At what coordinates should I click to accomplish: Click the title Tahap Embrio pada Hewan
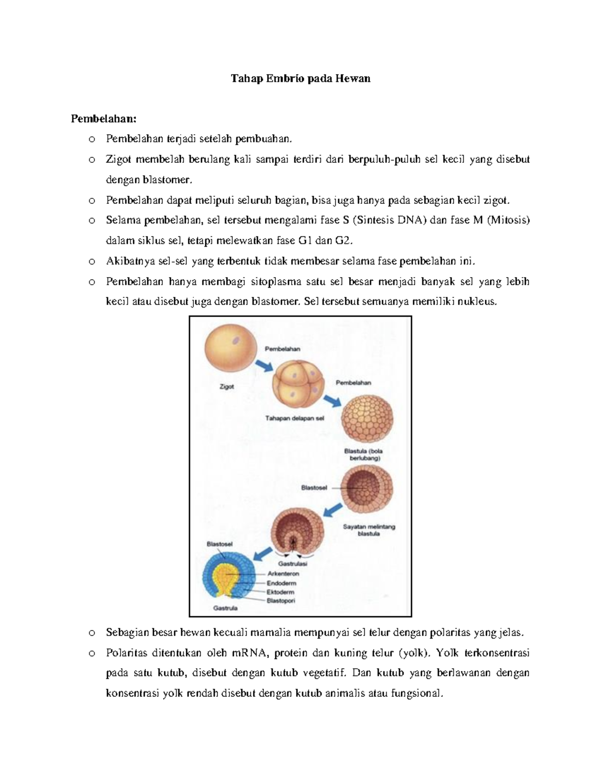(x=300, y=79)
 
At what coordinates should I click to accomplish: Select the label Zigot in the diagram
(x=227, y=387)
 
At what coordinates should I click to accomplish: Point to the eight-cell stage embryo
(x=295, y=385)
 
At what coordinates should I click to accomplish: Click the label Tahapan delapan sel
(x=294, y=418)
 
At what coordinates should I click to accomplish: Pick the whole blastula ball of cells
(x=367, y=418)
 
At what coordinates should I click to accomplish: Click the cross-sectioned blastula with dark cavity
(x=367, y=488)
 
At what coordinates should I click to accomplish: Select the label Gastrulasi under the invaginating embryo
(x=293, y=563)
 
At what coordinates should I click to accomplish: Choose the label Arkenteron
(x=283, y=574)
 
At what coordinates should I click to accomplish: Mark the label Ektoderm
(x=280, y=592)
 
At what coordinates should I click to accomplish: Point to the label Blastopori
(x=281, y=601)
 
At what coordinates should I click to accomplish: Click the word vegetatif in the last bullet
(x=326, y=673)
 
